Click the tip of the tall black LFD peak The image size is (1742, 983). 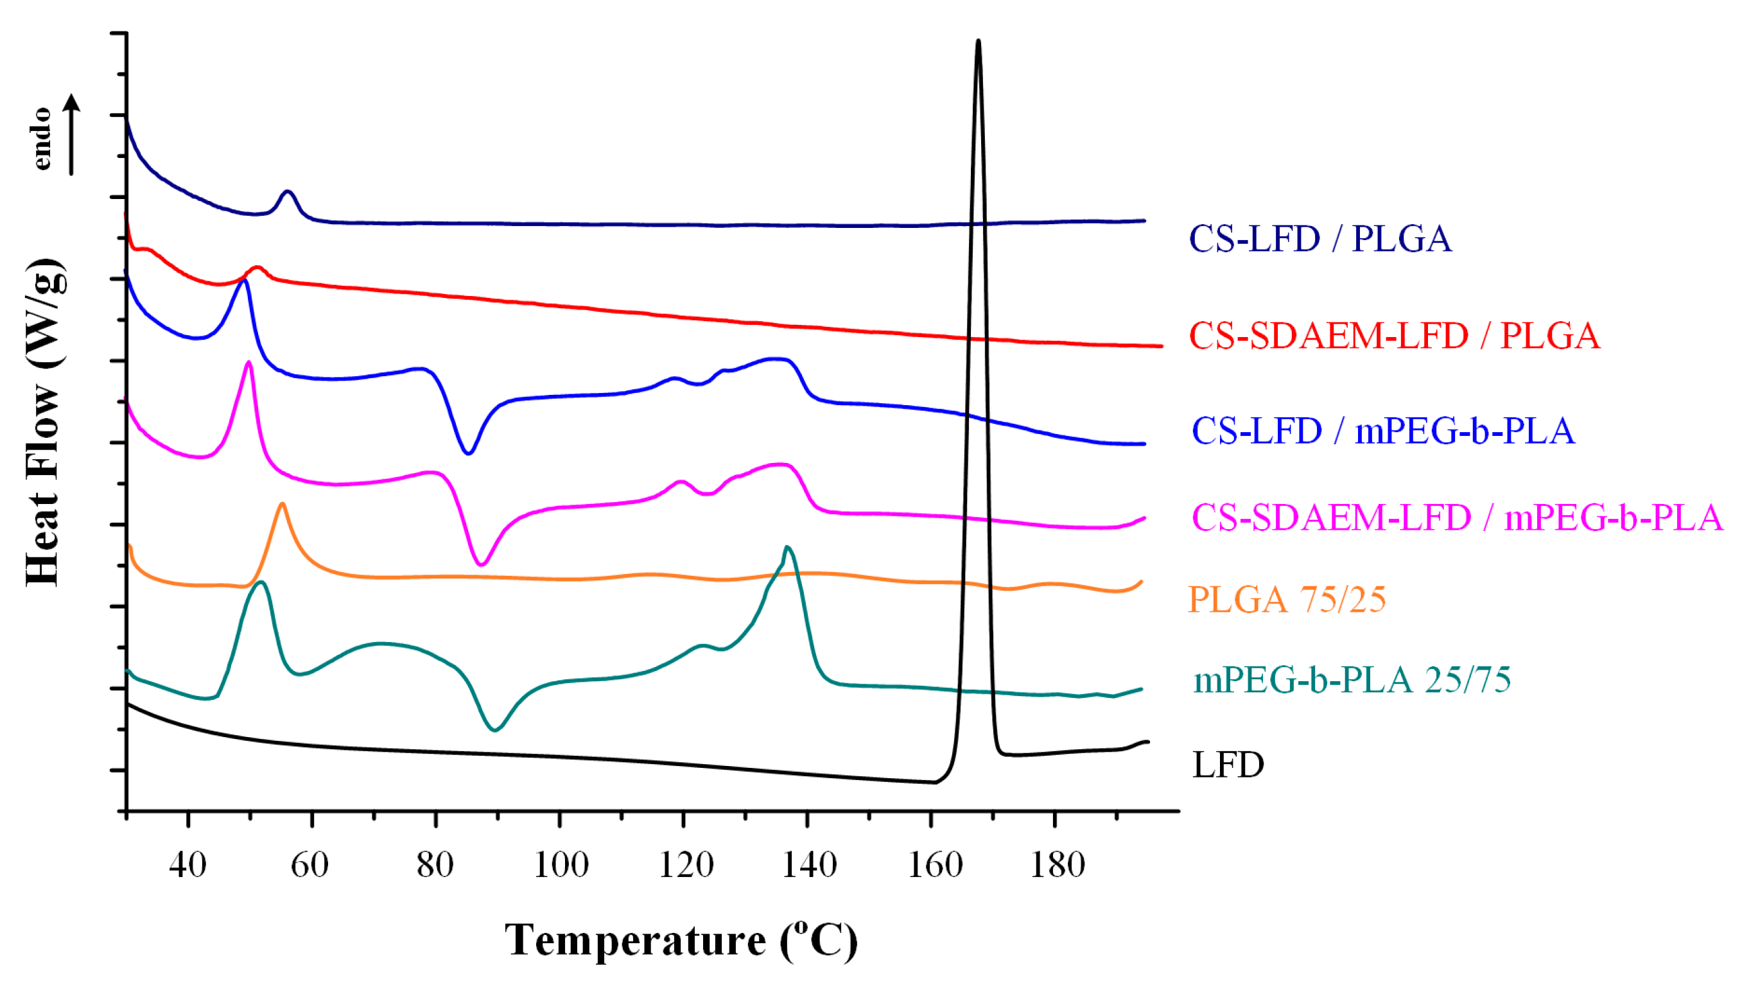coord(978,42)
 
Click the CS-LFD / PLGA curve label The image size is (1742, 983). coord(1320,239)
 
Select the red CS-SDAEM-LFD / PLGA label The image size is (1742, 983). coord(1395,336)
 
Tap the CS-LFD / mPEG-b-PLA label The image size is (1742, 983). coord(1383,431)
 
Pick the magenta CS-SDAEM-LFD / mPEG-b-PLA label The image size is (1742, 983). coord(1458,518)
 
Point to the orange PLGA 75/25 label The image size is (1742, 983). coord(1286,600)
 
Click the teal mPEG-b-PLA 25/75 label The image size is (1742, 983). coord(1352,680)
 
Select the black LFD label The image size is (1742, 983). coord(1228,765)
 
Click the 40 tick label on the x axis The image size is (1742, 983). coord(187,865)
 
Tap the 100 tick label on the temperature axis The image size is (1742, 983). coord(561,865)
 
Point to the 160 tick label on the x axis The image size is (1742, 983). coord(934,865)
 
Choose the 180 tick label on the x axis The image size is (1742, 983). coord(1057,865)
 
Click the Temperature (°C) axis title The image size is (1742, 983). coord(681,941)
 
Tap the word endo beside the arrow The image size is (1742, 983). coord(42,139)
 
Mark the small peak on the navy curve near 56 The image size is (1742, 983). coord(288,192)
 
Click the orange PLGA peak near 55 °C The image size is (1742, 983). coord(282,505)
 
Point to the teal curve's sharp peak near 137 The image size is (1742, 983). coord(787,548)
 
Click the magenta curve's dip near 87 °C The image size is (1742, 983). coord(481,564)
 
